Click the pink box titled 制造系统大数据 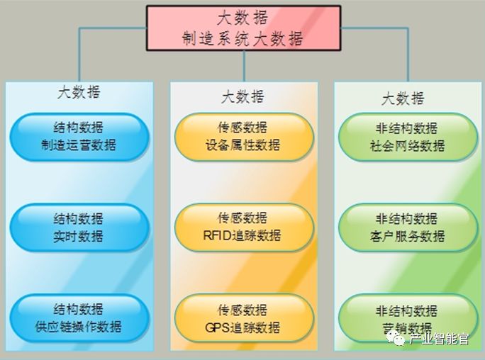point(243,28)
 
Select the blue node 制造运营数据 point(79,137)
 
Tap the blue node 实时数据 point(79,227)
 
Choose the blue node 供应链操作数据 point(79,318)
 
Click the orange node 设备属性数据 point(243,137)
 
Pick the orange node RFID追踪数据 point(243,227)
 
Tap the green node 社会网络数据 point(407,137)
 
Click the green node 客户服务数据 point(407,227)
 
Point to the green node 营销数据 point(407,318)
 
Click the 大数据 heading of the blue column point(79,93)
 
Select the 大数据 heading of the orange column point(243,96)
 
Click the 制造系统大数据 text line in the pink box point(243,38)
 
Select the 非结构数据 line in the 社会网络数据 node point(407,128)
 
